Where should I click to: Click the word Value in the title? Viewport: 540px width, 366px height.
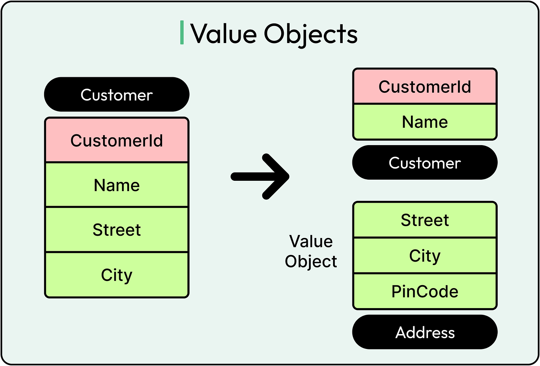coord(224,34)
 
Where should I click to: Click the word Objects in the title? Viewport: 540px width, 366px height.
coord(311,34)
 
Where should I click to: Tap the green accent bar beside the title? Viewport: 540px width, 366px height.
coord(182,33)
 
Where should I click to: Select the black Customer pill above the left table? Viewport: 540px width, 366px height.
coord(116,95)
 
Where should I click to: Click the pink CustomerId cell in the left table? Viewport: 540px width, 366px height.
coord(116,141)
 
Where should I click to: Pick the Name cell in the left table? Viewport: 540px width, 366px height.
coord(116,185)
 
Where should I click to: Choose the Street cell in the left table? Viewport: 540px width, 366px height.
coord(116,230)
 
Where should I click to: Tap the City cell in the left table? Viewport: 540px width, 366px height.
coord(116,275)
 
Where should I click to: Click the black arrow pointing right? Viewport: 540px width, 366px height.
coord(260,177)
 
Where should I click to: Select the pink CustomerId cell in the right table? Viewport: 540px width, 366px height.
coord(425,86)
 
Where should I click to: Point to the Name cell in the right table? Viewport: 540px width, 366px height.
coord(425,122)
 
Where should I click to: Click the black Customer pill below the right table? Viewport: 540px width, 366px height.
coord(425,163)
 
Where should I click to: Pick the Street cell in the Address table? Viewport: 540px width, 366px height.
coord(425,220)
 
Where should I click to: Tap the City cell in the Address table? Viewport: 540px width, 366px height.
coord(425,256)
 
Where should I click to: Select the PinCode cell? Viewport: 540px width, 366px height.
coord(425,291)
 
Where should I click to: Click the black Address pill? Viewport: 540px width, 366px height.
coord(425,332)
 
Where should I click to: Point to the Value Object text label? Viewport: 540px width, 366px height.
coord(311,251)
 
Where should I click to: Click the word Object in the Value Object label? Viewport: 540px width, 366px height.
coord(311,261)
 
